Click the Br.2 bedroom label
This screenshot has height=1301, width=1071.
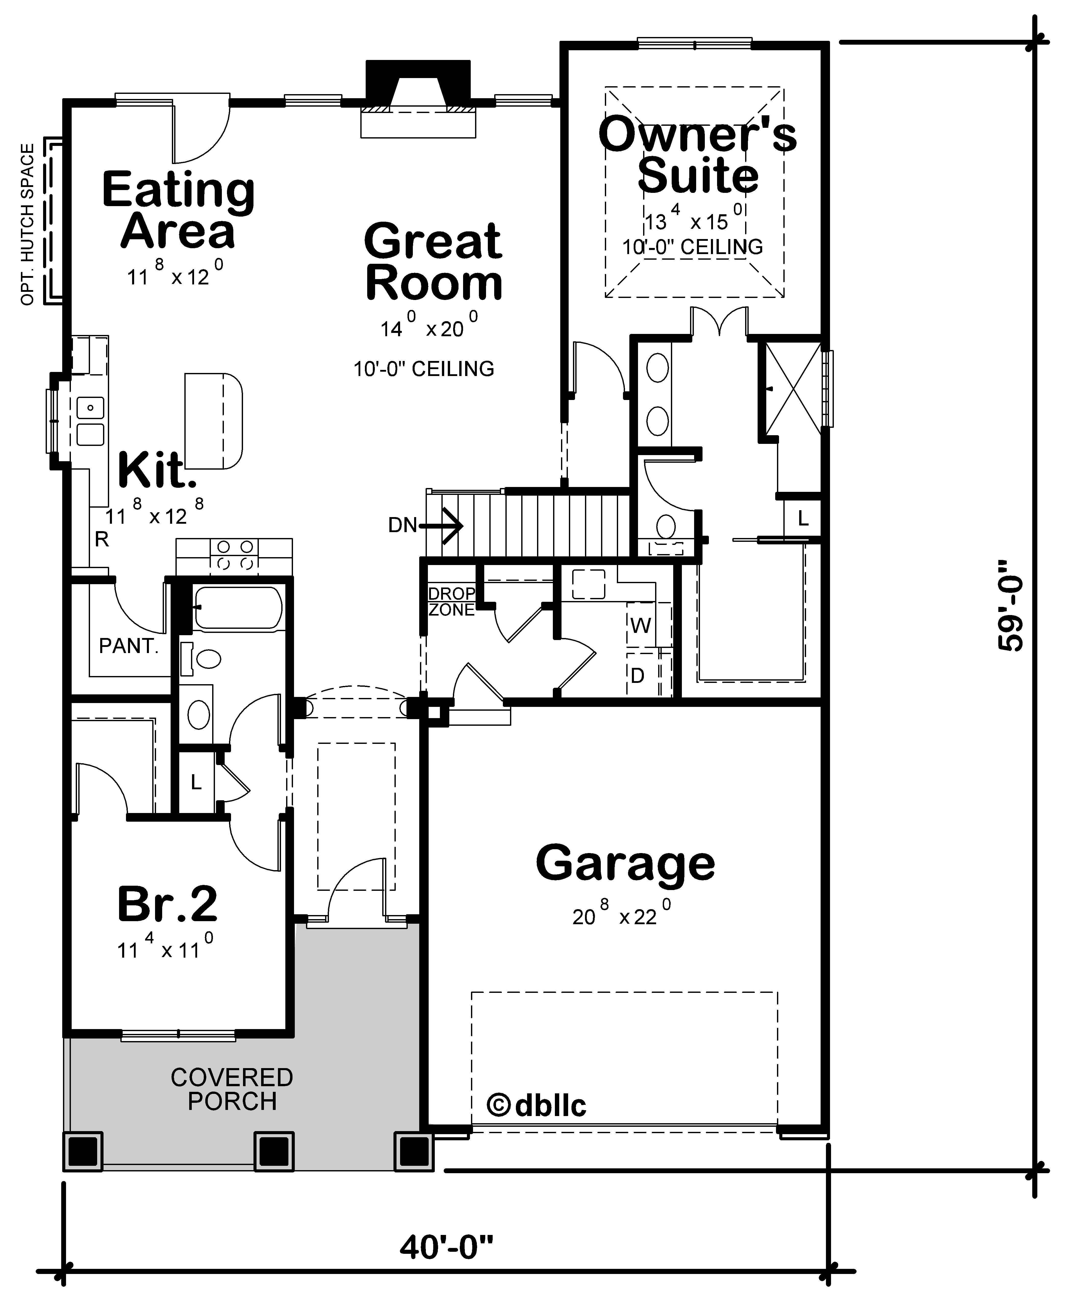tap(167, 904)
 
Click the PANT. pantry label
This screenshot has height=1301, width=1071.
tap(129, 646)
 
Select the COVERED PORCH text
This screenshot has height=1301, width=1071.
tap(232, 1089)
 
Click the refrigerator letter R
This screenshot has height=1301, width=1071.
tap(102, 540)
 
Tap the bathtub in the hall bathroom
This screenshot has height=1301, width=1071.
tap(237, 608)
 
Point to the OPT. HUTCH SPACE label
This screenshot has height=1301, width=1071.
tap(28, 223)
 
